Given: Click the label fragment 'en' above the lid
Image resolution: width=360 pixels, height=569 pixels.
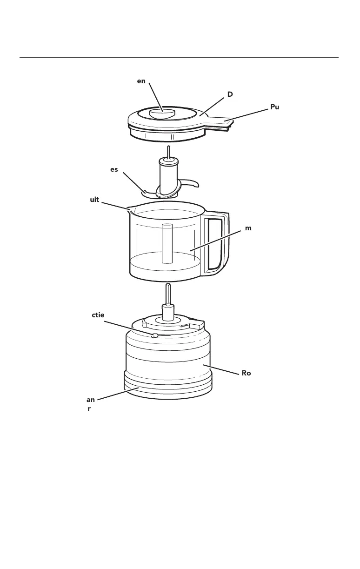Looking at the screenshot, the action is tap(141, 81).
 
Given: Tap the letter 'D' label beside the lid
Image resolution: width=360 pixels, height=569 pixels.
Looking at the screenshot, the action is tap(229, 94).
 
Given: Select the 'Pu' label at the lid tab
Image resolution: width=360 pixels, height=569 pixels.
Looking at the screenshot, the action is tap(275, 107).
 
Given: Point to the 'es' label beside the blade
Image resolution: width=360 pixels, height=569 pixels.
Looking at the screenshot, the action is tap(114, 170).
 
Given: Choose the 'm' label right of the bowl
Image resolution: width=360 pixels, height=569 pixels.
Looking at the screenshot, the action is tap(248, 228).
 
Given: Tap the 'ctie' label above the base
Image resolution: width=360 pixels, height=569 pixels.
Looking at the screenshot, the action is tap(99, 315).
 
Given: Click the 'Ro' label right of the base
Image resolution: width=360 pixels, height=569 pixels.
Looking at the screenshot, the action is tap(246, 373).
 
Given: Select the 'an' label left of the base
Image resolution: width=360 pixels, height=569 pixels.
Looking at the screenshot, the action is tap(91, 400).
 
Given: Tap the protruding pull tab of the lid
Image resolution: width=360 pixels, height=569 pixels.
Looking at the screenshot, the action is tap(218, 121).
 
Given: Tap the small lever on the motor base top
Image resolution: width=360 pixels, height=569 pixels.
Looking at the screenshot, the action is tap(155, 335).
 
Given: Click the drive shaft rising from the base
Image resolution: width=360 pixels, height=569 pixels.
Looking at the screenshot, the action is tap(168, 295).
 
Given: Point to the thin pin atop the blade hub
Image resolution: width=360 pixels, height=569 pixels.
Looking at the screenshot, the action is tap(169, 152).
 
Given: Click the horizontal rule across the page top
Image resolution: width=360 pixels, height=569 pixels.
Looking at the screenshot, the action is tap(179, 58).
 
